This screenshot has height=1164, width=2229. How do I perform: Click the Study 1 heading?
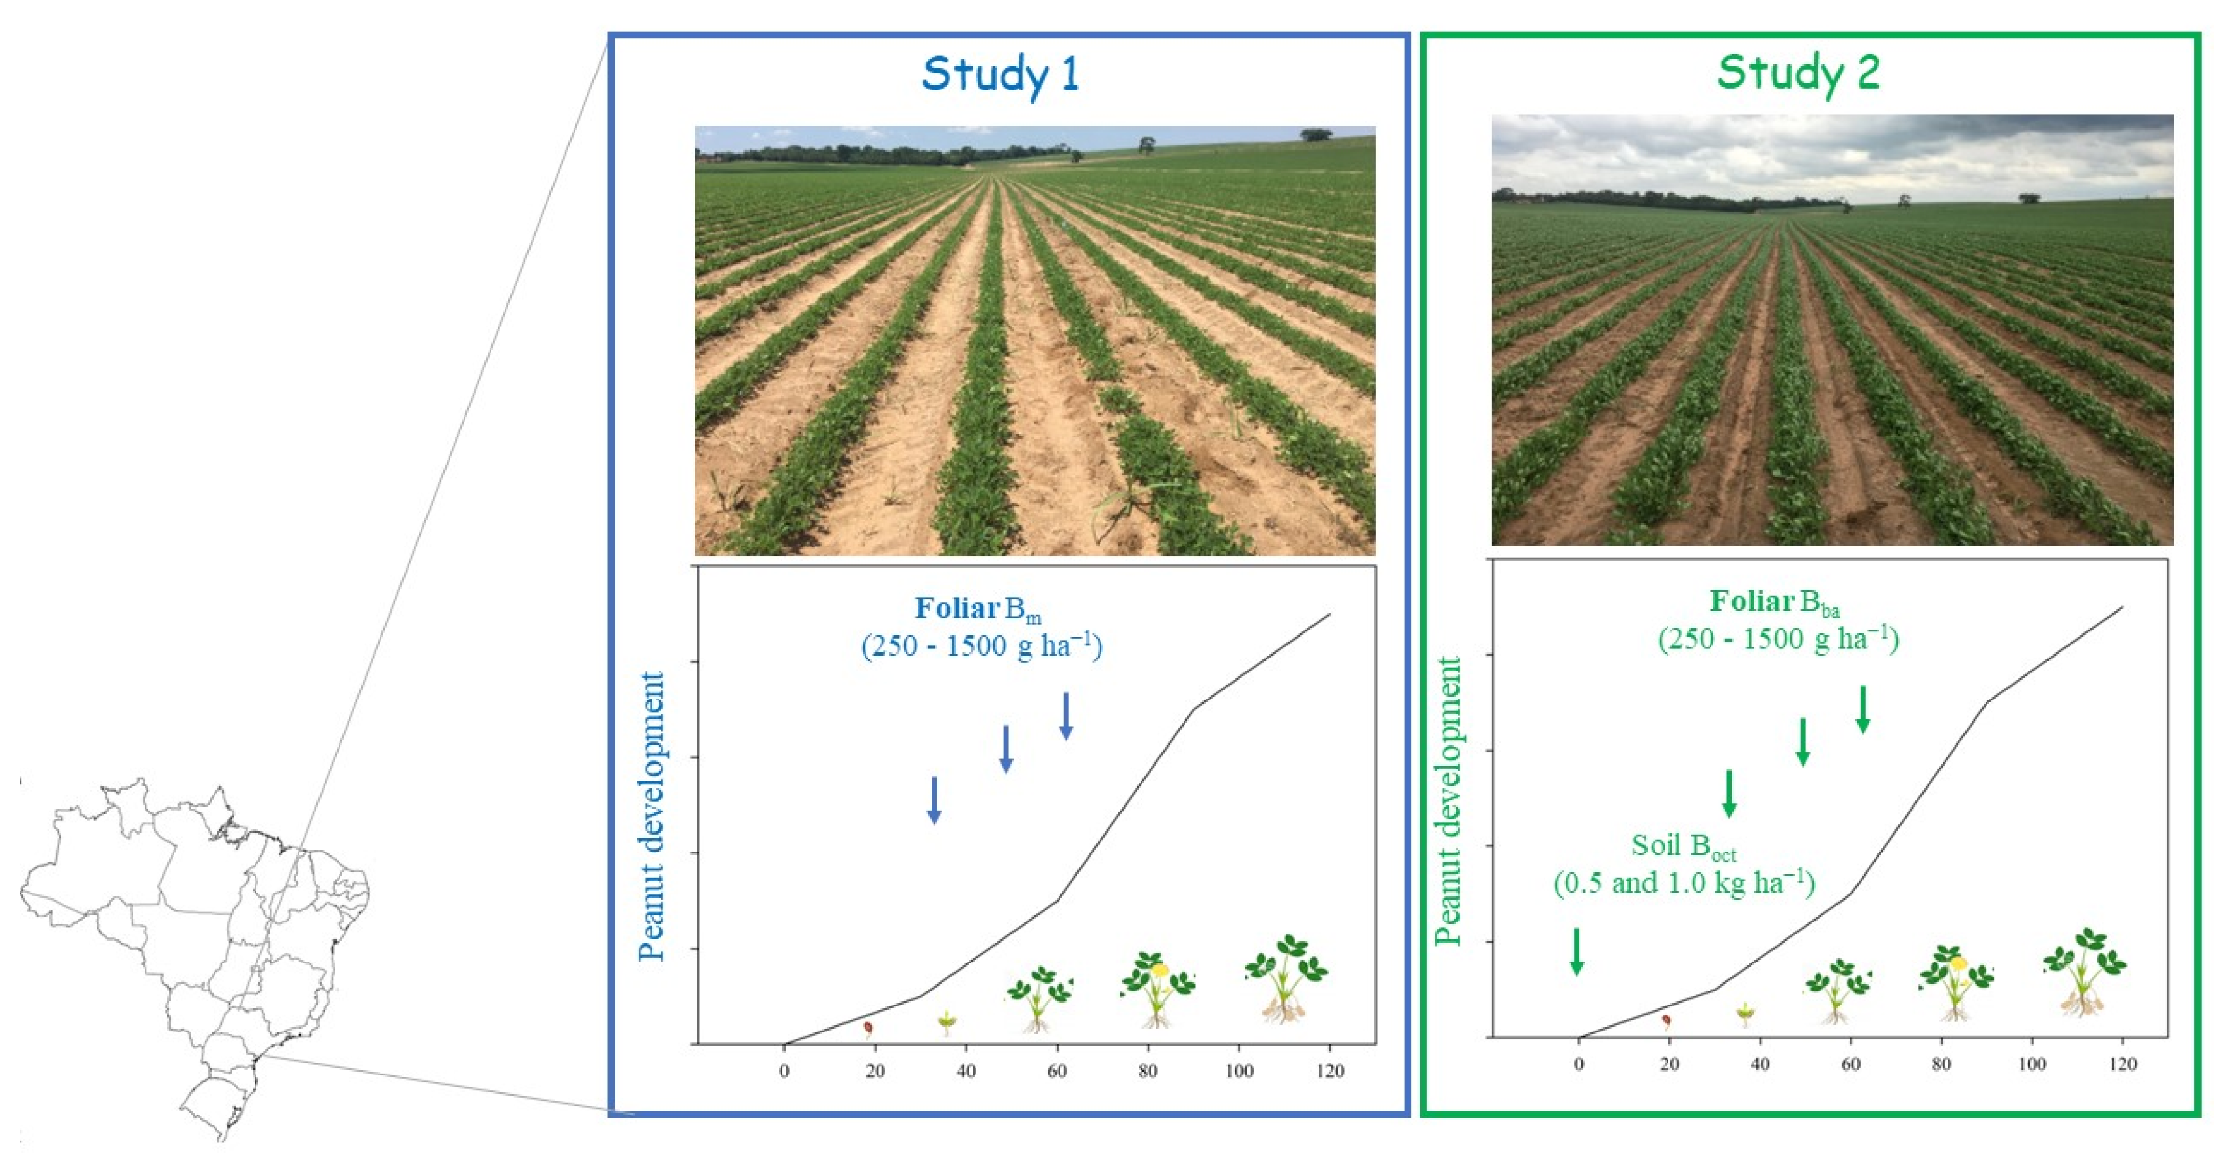(1001, 74)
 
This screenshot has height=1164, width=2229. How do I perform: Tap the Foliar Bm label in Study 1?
(978, 609)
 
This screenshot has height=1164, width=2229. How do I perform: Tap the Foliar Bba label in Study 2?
(1774, 602)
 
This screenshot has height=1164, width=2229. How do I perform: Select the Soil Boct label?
(1683, 846)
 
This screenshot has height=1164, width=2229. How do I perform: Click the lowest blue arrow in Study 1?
(934, 799)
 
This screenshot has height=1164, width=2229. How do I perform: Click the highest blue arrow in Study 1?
(1066, 715)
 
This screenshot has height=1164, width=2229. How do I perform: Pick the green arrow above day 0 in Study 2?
(1577, 951)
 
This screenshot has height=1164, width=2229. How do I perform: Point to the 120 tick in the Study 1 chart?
(1330, 1072)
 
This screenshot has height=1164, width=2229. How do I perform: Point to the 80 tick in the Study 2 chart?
(1941, 1064)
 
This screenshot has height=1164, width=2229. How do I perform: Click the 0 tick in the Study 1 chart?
(784, 1072)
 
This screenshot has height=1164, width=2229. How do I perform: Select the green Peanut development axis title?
(1448, 801)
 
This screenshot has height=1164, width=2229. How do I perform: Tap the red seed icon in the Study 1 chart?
(868, 1027)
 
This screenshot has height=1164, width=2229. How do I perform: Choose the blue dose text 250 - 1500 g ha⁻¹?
(981, 646)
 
